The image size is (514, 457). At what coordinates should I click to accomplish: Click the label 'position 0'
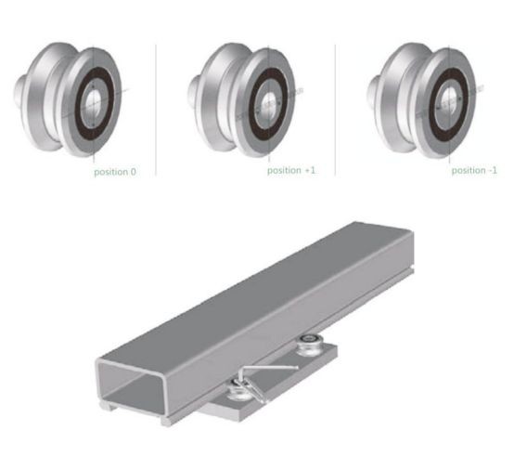(x=114, y=172)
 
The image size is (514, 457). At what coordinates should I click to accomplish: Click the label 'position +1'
(x=291, y=171)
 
